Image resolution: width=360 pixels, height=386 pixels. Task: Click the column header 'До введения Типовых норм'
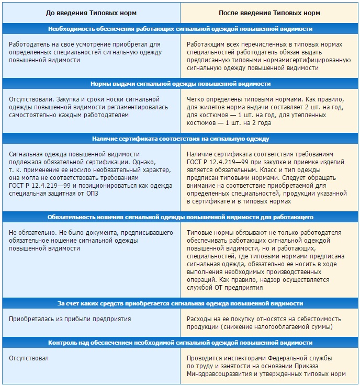(x=91, y=12)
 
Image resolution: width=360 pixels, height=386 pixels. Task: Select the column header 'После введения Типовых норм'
(x=269, y=12)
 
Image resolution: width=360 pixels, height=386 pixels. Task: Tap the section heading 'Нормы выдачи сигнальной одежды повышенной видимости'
(x=180, y=84)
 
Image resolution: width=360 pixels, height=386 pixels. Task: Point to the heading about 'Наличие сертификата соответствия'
(x=180, y=139)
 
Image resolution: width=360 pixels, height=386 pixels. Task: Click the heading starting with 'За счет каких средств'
(x=180, y=303)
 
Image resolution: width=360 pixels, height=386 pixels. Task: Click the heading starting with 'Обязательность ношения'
(x=180, y=216)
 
